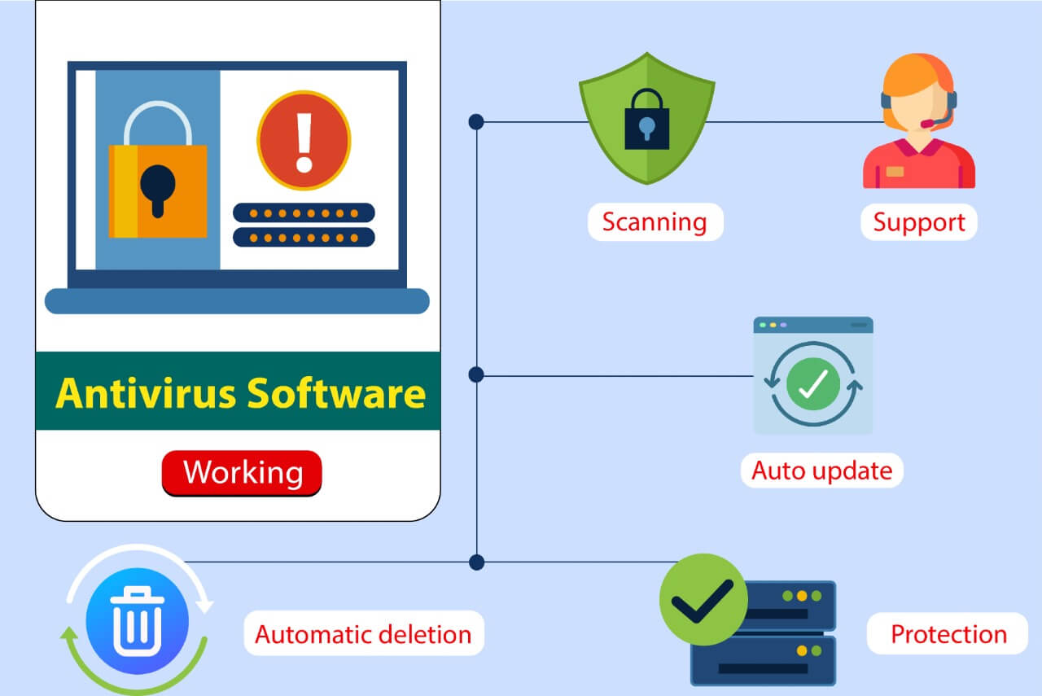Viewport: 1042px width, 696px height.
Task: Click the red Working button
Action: click(x=242, y=473)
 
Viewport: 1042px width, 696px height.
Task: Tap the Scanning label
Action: click(x=655, y=222)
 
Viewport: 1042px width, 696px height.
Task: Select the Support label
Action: click(x=918, y=222)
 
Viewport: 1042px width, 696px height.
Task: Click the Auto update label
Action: click(x=821, y=471)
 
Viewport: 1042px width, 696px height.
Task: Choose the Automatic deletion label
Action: click(x=363, y=634)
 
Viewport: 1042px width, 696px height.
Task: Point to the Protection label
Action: click(x=948, y=634)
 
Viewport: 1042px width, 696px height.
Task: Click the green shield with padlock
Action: click(x=646, y=119)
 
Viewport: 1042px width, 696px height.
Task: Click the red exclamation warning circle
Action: click(x=304, y=140)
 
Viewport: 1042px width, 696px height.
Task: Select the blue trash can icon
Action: click(x=137, y=622)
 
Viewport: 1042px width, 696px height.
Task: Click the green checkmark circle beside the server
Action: click(x=703, y=600)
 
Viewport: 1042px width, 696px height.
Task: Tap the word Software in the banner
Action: click(x=335, y=393)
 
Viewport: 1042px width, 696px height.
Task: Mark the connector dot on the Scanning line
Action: click(x=476, y=122)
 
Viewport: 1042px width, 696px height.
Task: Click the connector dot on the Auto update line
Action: click(x=476, y=374)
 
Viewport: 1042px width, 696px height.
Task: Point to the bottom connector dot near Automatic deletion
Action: click(x=476, y=562)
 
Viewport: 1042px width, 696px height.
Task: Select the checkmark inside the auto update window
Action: click(x=812, y=383)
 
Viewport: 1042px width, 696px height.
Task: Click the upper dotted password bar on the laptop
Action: click(x=304, y=213)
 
